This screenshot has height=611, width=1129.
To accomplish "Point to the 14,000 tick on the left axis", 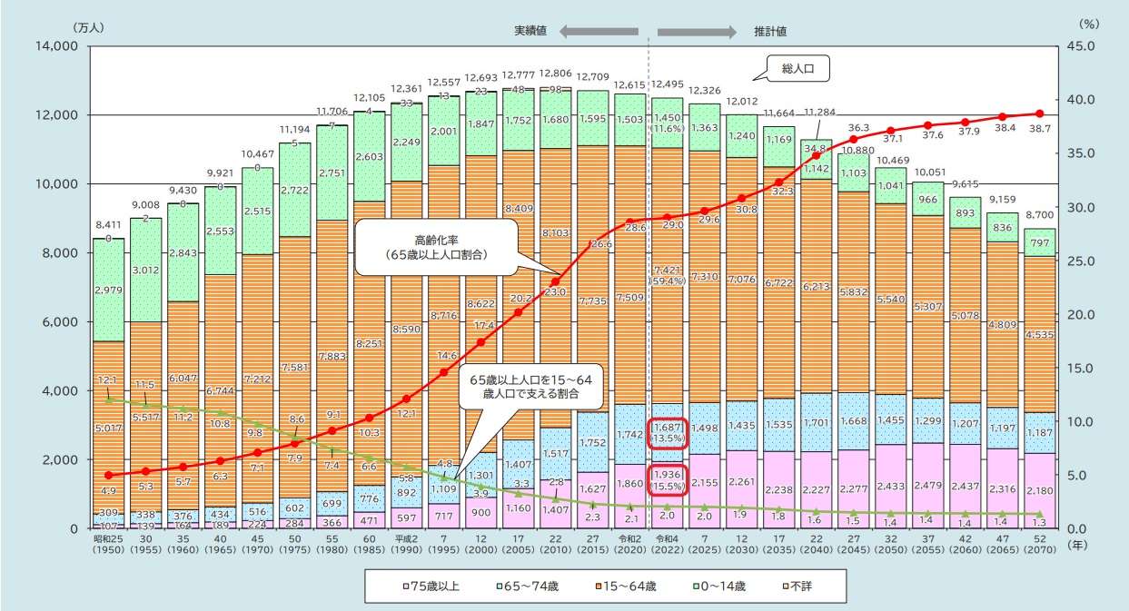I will point(56,46).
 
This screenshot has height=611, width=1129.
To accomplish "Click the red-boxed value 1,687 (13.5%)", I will point(668,433).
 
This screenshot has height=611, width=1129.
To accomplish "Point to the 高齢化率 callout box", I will point(431,248).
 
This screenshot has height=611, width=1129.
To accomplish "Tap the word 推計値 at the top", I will point(769,31).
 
